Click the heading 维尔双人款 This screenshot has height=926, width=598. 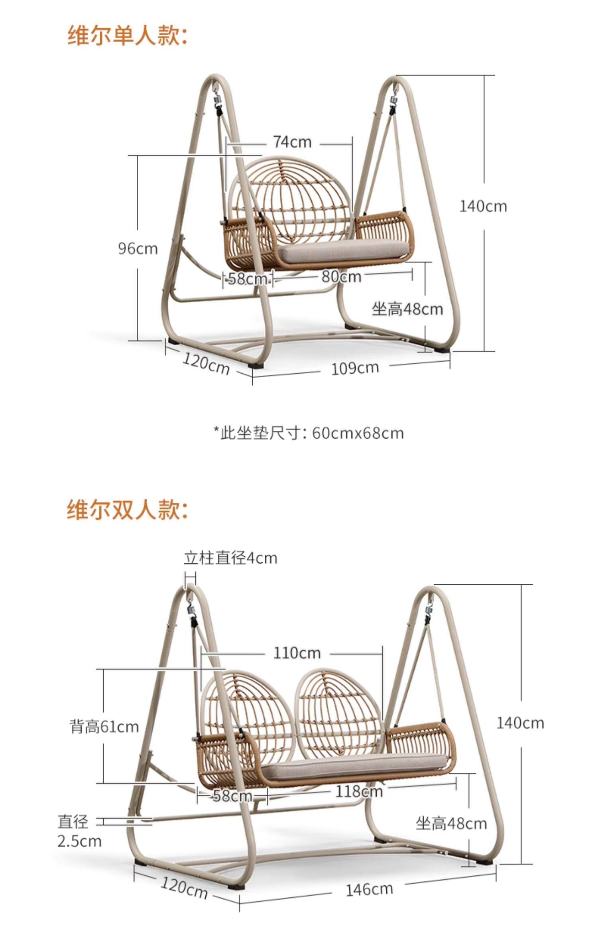[x=127, y=510]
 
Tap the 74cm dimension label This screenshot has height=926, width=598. [x=292, y=142]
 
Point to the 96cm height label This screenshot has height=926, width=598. [x=138, y=249]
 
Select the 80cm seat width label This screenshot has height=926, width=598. [x=341, y=276]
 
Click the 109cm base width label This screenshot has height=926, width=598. [x=355, y=368]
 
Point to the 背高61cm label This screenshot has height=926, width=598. [x=104, y=727]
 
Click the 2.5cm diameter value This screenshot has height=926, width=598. [x=79, y=841]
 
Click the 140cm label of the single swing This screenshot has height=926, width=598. [x=483, y=207]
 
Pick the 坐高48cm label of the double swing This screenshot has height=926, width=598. [x=451, y=824]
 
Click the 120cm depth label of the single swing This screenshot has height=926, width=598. [x=206, y=364]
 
